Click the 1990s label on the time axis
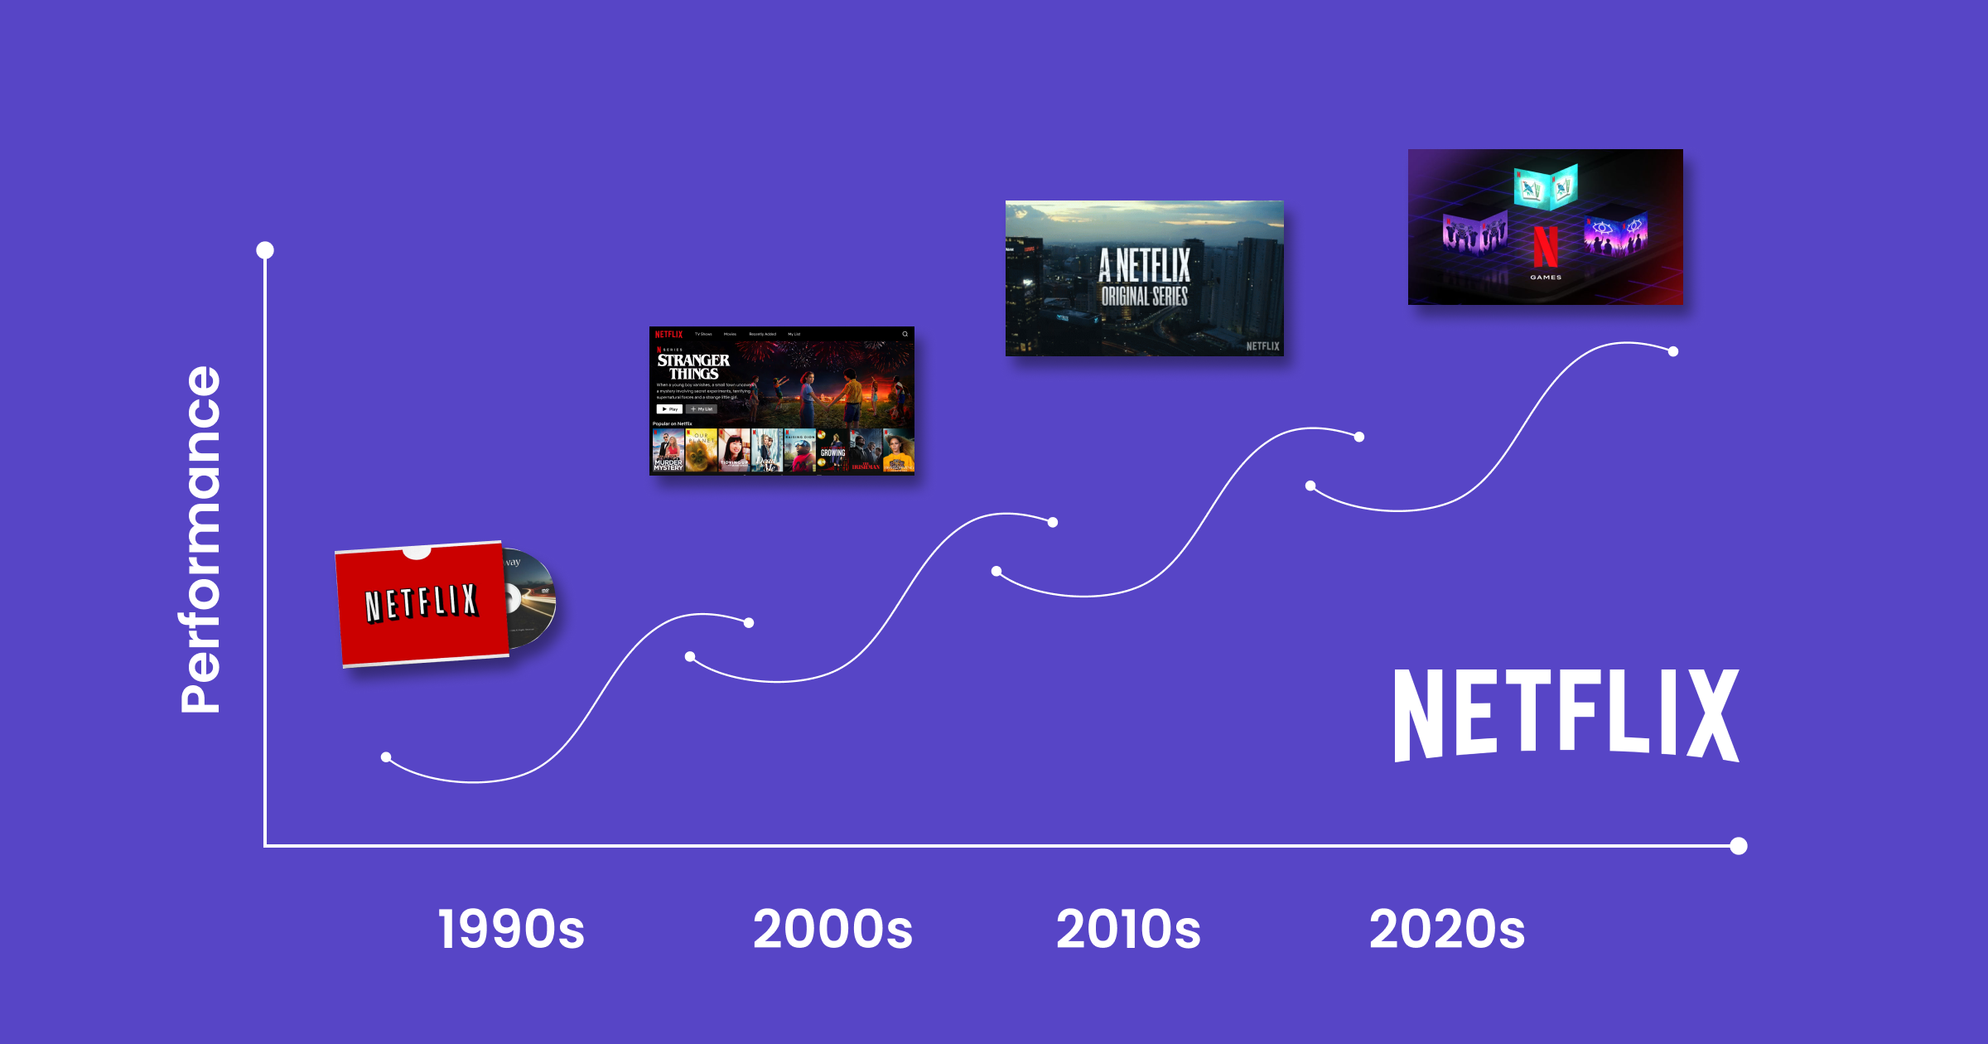511,929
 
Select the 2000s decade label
832,929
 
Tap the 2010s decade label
1128,929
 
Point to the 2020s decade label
1446,929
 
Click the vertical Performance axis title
200,539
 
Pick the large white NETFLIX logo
1566,715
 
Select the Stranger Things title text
693,367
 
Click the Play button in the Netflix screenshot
669,409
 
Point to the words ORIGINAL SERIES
1144,297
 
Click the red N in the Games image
1545,246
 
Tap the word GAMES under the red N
1545,278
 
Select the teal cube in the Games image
1545,186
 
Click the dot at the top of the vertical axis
265,250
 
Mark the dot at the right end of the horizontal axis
1739,846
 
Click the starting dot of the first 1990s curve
386,757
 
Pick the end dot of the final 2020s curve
1673,351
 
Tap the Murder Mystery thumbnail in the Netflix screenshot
668,451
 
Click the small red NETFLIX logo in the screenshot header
668,335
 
